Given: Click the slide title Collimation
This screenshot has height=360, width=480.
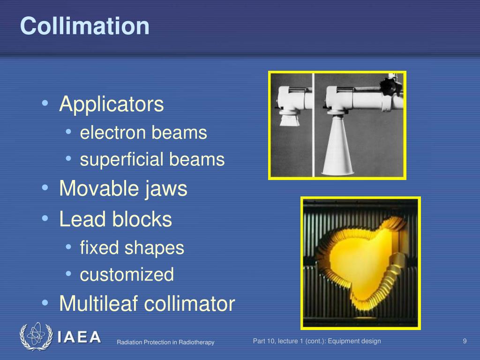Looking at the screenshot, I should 84,26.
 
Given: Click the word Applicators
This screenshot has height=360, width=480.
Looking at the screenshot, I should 112,104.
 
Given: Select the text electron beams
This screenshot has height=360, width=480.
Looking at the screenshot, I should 143,133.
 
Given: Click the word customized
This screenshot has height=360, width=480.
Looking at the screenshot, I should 127,274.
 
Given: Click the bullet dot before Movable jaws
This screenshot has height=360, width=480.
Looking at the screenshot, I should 45,188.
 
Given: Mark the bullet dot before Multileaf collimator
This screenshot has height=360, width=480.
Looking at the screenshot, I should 45,303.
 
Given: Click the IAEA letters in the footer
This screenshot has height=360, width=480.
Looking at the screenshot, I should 79,337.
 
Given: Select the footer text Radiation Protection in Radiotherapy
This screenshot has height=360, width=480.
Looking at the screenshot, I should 165,342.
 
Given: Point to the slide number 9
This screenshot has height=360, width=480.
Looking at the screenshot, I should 465,341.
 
